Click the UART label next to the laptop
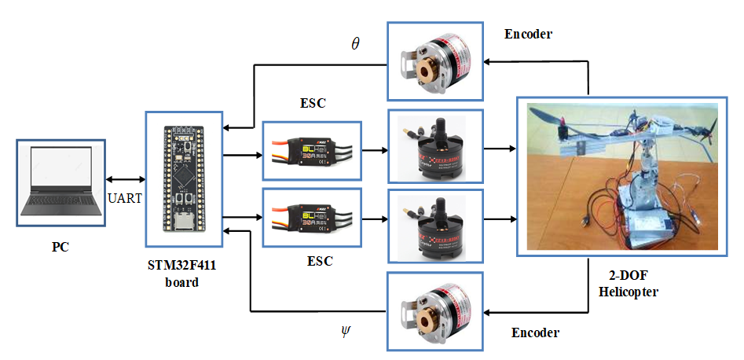click(x=124, y=198)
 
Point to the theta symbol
click(x=355, y=43)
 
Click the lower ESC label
click(x=313, y=259)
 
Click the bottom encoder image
click(x=434, y=309)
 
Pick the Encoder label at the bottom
click(x=535, y=332)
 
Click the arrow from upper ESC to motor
click(x=374, y=149)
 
